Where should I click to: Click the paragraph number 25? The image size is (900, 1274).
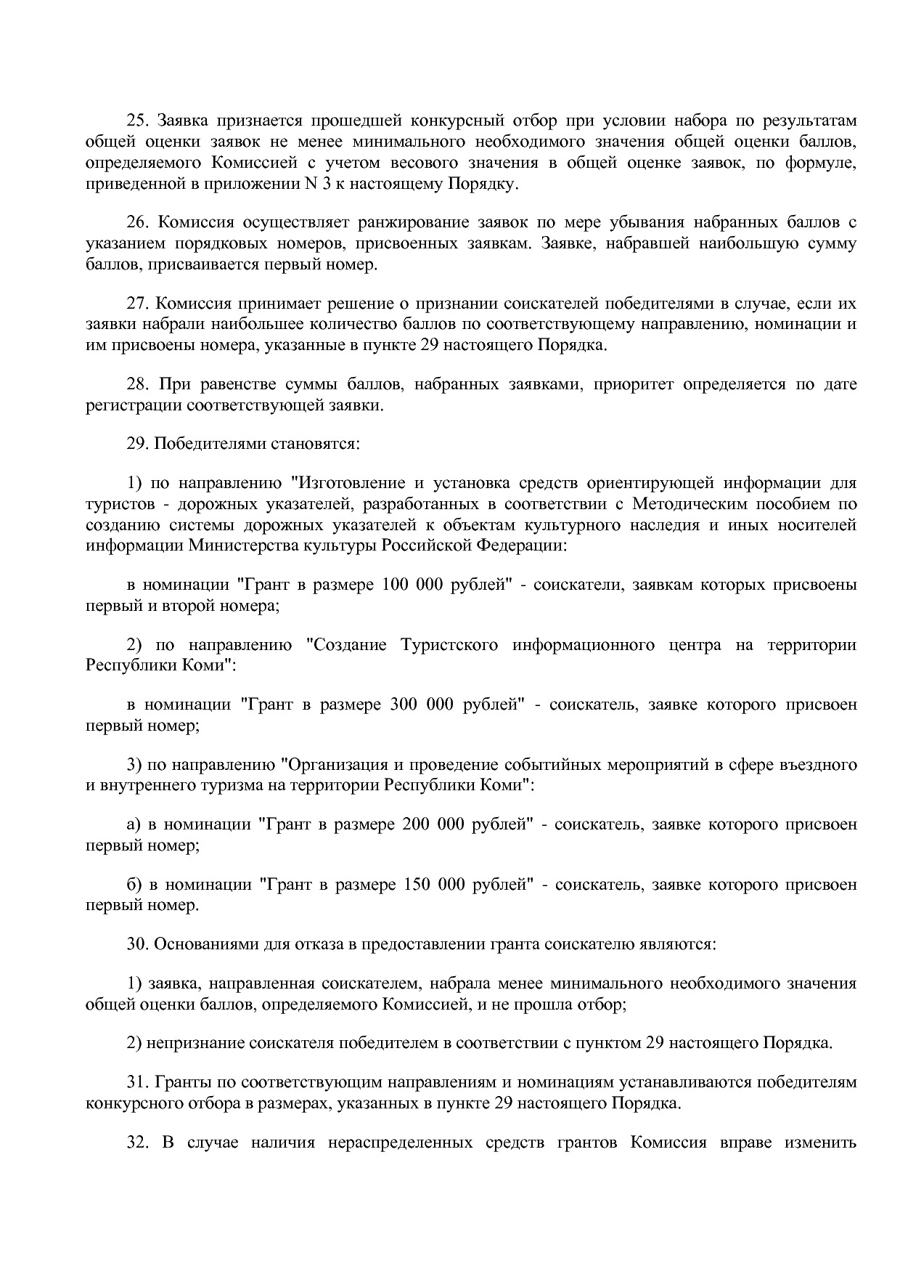pos(137,121)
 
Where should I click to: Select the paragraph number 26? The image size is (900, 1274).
pos(137,222)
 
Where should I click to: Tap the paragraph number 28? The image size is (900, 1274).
pos(137,384)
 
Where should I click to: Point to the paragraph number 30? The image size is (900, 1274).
pos(137,945)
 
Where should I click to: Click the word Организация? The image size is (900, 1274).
pos(334,765)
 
